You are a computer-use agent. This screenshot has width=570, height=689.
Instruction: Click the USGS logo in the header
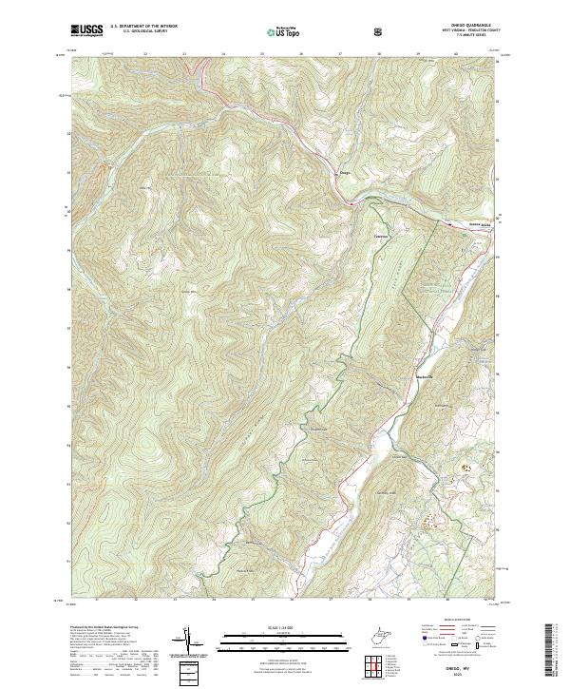pos(86,30)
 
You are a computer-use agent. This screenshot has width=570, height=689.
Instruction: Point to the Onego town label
pos(346,172)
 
